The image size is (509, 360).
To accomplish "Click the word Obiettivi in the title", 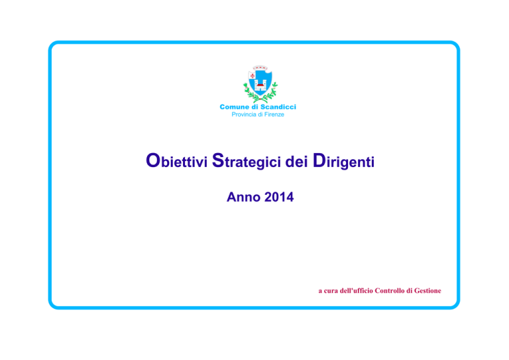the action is [176, 160].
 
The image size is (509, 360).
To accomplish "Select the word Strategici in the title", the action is [247, 161].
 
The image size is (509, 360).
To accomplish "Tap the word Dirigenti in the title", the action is [343, 161].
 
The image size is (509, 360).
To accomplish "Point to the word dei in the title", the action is [297, 162].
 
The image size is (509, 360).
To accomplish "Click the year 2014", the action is [279, 197].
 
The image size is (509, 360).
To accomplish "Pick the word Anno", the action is [243, 197].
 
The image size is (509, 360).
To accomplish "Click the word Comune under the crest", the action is [235, 107].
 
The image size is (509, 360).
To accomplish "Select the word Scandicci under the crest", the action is [278, 107].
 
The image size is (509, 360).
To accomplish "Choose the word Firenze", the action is [274, 115].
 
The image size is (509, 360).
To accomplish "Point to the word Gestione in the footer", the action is [427, 290].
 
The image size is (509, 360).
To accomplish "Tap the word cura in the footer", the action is [331, 291].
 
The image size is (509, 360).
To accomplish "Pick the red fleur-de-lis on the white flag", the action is [253, 76].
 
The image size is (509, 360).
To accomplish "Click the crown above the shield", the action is [260, 68].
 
